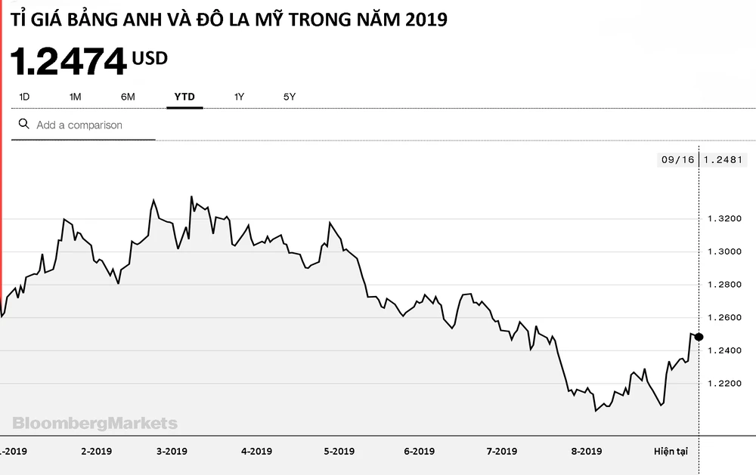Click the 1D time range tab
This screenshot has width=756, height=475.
tap(24, 97)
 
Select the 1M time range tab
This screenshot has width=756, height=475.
tap(75, 97)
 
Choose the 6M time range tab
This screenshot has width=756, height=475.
tap(128, 97)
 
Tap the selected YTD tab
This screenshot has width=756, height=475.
tap(184, 97)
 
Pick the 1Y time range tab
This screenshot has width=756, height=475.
tap(239, 97)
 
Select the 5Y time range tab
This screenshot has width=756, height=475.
tap(290, 97)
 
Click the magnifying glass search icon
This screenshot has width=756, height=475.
tap(23, 124)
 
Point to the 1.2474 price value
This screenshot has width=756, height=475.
tap(68, 61)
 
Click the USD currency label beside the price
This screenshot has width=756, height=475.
tap(150, 58)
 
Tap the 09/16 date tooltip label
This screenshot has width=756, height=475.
tap(677, 159)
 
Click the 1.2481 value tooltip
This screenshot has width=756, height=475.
tap(723, 159)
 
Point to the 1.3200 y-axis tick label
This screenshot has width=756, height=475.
tap(723, 218)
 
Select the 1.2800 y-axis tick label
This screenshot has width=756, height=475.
tap(723, 285)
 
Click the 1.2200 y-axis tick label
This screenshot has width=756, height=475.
tap(723, 384)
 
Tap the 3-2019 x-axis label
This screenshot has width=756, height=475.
tap(172, 451)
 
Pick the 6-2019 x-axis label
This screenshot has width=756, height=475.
tap(419, 451)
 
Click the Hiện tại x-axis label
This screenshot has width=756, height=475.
tap(671, 451)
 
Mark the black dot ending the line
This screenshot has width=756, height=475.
tap(699, 337)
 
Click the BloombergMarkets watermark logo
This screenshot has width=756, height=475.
tap(94, 423)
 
